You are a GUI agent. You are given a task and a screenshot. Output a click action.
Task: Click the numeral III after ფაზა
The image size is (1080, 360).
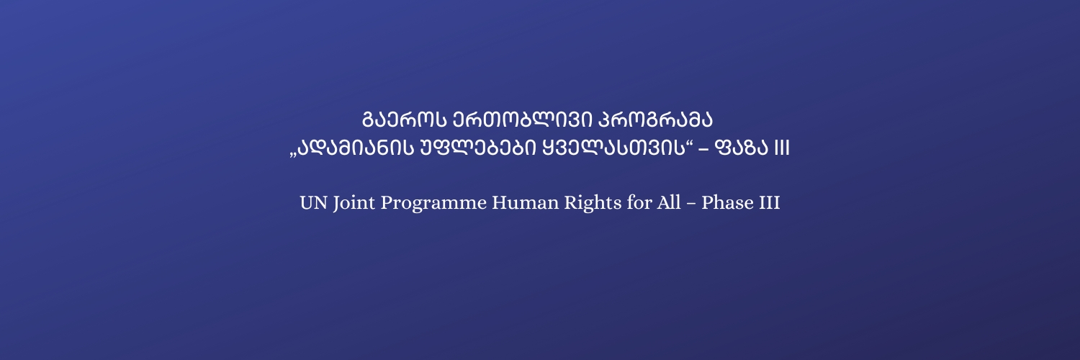pos(782,148)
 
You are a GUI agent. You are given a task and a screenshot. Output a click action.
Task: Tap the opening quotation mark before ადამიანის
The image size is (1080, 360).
pos(293,156)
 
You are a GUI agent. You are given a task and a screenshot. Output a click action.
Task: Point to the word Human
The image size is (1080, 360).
pos(525,203)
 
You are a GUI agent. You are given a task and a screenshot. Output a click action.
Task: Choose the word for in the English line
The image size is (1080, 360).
pos(639,203)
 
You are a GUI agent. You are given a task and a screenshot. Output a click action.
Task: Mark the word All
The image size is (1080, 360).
pos(669,203)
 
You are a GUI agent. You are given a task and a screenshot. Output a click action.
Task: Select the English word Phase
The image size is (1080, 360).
pos(727,203)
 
